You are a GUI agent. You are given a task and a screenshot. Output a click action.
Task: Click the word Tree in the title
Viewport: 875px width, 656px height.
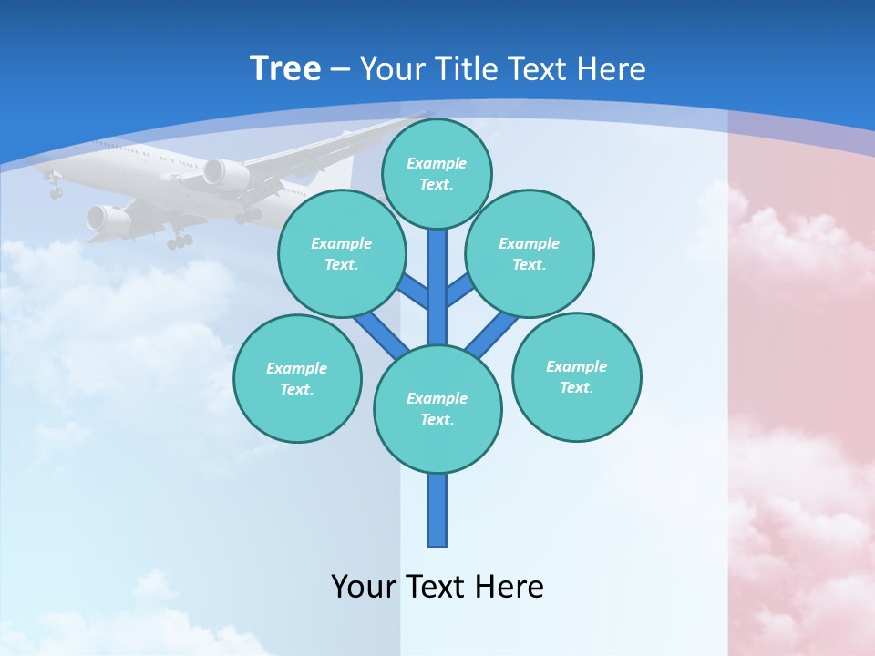[x=285, y=68]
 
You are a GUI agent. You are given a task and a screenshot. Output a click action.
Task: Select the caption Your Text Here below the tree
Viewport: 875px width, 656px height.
[x=437, y=586]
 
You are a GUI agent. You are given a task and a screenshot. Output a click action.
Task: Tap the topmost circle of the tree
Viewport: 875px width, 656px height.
[x=437, y=173]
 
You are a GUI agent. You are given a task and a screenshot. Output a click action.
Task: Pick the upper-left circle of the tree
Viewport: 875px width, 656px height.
[x=342, y=253]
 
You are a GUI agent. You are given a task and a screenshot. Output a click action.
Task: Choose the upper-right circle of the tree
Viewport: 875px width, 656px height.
[x=530, y=253]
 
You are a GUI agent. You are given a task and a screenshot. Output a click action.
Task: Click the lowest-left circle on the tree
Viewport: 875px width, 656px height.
[x=297, y=378]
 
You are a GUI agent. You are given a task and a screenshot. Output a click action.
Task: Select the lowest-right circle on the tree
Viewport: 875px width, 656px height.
[x=576, y=376]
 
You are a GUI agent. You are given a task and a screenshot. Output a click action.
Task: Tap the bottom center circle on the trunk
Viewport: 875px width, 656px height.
[x=437, y=408]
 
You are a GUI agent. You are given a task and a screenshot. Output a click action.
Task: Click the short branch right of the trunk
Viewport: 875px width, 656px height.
[x=460, y=290]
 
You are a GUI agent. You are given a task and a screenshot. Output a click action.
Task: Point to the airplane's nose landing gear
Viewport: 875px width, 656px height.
[x=55, y=189]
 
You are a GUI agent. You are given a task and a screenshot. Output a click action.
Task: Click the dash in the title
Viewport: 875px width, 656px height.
[x=340, y=69]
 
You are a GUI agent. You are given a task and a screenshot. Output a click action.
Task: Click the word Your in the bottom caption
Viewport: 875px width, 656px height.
[x=365, y=586]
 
